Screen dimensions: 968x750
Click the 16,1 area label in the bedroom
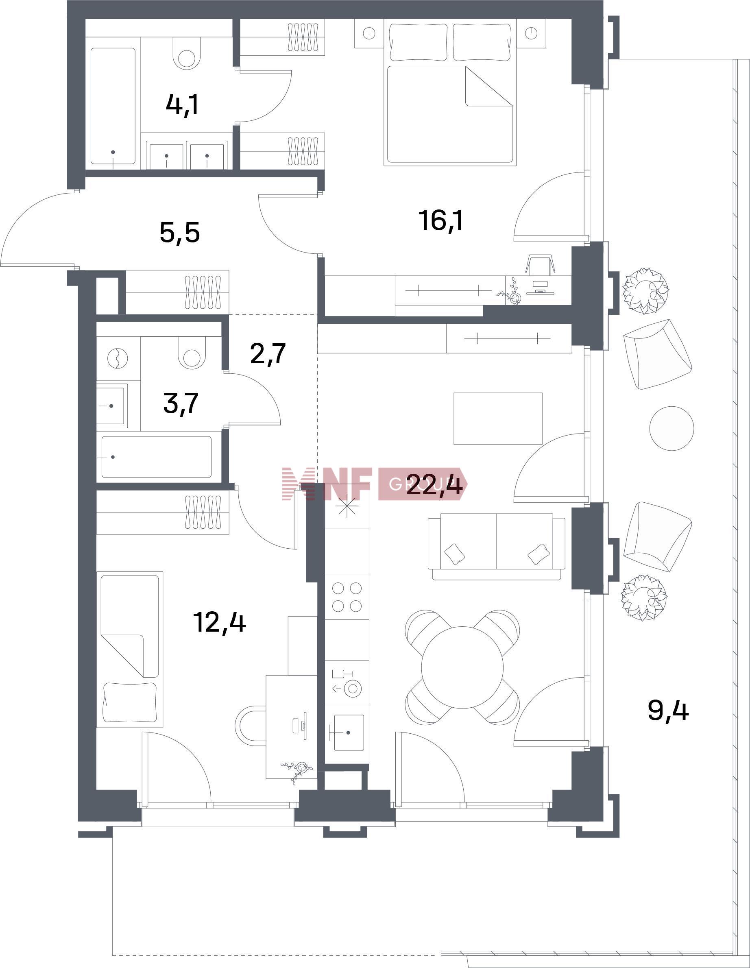(x=440, y=221)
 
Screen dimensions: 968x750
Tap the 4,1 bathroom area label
(x=182, y=105)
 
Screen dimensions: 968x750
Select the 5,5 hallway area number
(x=179, y=233)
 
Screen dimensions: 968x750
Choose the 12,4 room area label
(x=219, y=622)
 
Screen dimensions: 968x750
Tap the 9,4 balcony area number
(x=668, y=711)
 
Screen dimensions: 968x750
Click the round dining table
(x=462, y=667)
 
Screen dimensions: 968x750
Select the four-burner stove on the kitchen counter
(x=347, y=597)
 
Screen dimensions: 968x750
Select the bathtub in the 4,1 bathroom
(x=113, y=107)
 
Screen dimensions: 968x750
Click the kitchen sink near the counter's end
(x=349, y=732)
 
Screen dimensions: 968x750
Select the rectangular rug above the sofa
(x=498, y=418)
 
